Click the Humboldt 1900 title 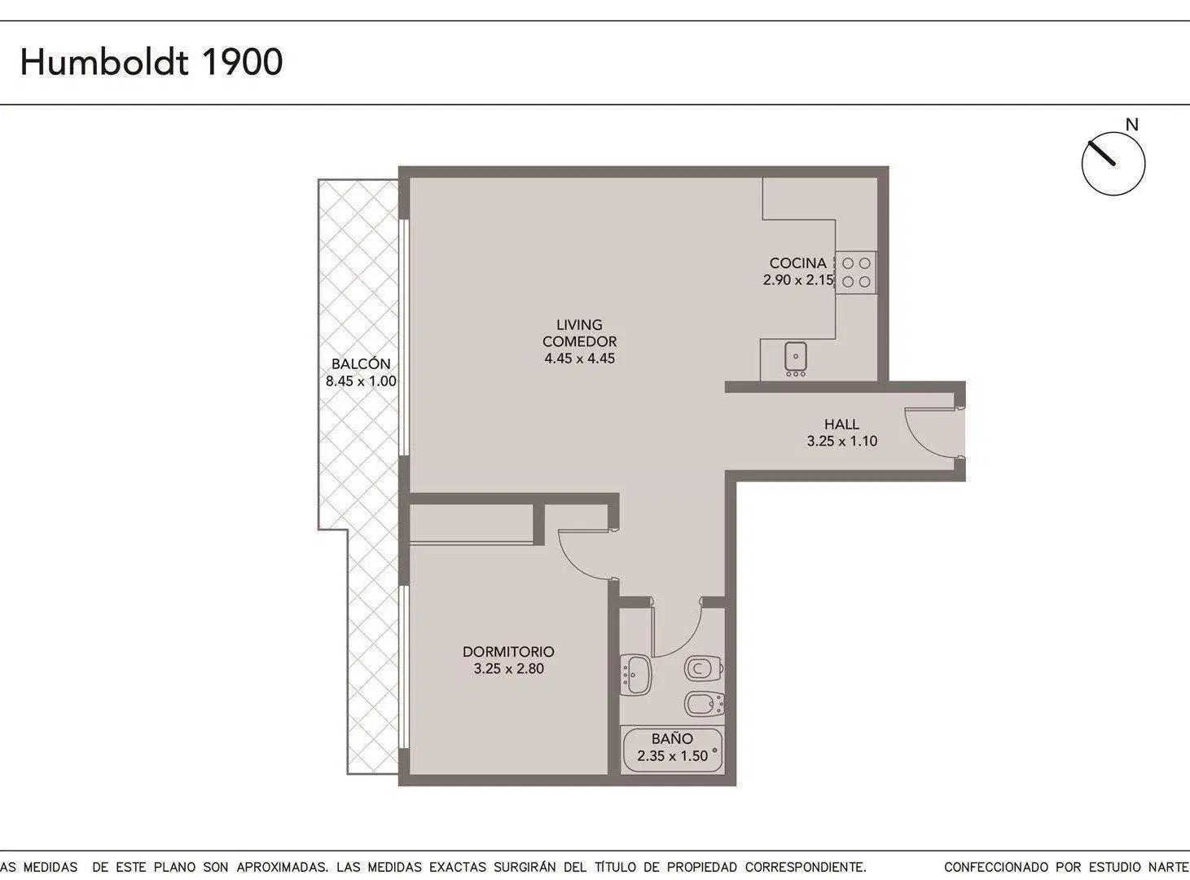click(x=151, y=62)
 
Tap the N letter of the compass click(x=1131, y=125)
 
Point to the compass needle click(x=1101, y=153)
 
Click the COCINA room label click(x=797, y=263)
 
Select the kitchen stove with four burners click(x=856, y=273)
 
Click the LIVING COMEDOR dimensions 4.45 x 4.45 click(x=579, y=359)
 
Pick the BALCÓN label click(x=361, y=363)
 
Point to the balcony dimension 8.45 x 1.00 click(x=361, y=381)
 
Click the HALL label click(x=842, y=425)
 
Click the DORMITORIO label click(x=508, y=651)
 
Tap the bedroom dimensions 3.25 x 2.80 click(x=508, y=668)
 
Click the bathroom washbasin click(x=636, y=675)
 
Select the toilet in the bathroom click(x=704, y=668)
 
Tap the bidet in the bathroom click(x=705, y=703)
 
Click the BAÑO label click(x=672, y=739)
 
